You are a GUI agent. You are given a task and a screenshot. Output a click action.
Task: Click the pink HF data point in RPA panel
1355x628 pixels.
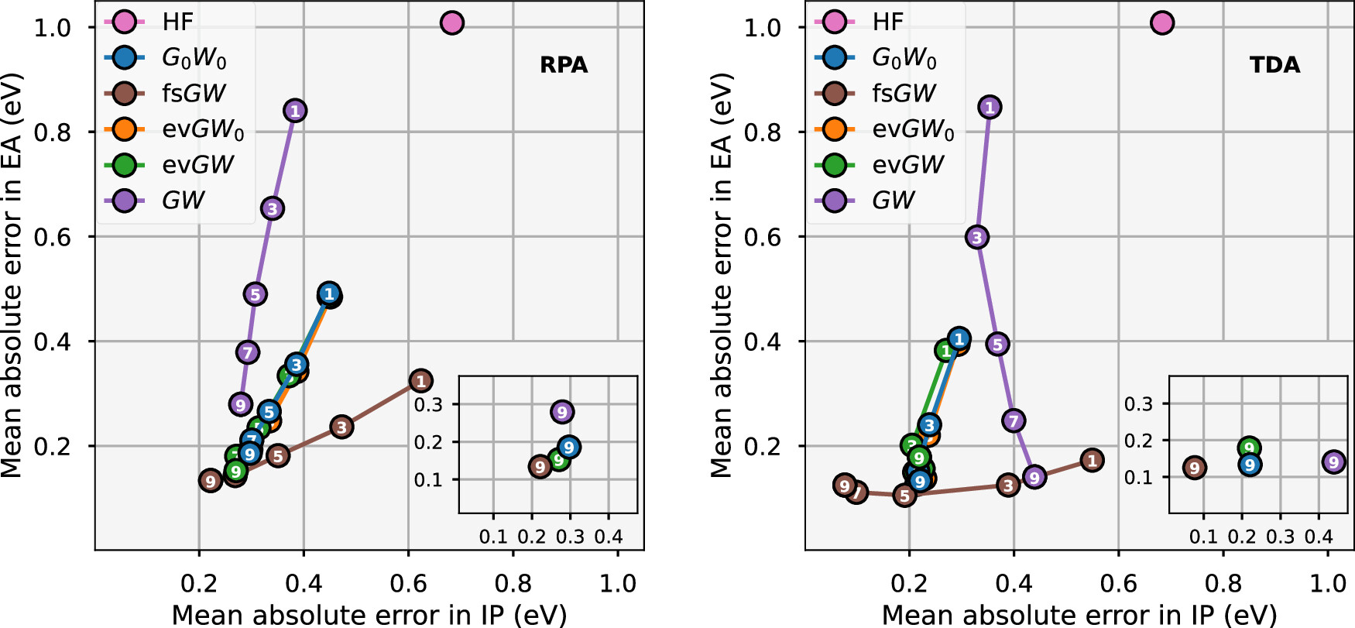click(452, 23)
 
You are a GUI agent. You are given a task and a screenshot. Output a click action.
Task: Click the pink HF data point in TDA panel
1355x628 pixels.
click(1162, 23)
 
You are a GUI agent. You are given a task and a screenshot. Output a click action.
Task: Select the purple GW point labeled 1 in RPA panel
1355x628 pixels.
click(294, 111)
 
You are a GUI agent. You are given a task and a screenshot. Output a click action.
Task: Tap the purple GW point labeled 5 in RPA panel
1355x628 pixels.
click(255, 294)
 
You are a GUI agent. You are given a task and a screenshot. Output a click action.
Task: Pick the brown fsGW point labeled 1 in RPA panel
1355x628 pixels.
click(420, 381)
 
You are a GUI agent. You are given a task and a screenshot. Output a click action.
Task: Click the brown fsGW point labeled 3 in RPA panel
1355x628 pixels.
click(341, 427)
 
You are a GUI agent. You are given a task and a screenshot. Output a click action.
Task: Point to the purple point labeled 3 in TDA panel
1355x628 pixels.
click(977, 237)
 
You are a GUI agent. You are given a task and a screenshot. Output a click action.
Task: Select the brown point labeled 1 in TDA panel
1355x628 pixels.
click(1092, 461)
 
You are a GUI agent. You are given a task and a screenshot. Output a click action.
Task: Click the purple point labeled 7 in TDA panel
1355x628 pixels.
click(1014, 420)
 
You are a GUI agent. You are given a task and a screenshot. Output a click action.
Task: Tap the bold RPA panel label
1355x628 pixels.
click(564, 65)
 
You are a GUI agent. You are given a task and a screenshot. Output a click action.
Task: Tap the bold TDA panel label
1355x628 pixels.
click(1274, 65)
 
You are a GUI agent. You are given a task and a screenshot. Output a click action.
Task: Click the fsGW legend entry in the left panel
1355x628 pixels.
click(193, 94)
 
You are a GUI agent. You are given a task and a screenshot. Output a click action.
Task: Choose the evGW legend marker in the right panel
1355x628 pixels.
click(835, 165)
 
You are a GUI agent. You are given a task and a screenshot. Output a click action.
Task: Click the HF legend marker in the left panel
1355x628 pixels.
click(125, 22)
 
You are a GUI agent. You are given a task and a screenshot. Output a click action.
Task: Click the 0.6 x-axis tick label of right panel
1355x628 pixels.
click(1118, 583)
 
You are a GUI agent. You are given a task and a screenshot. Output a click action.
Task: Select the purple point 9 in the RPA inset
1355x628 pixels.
click(562, 412)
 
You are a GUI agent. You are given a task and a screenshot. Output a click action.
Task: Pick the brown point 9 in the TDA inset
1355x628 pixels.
click(1195, 468)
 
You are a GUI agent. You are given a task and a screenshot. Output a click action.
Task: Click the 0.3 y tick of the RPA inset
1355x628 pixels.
click(428, 404)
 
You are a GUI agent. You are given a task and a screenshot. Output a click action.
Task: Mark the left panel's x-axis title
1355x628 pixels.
click(369, 615)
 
